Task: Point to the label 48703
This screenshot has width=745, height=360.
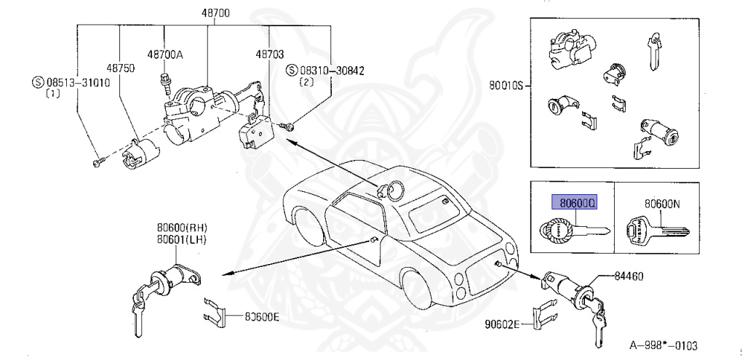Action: [269, 55]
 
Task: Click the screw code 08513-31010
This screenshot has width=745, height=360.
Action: [76, 81]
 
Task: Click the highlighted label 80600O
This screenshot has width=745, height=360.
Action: [575, 203]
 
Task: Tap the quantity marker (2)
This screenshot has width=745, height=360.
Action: [306, 82]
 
